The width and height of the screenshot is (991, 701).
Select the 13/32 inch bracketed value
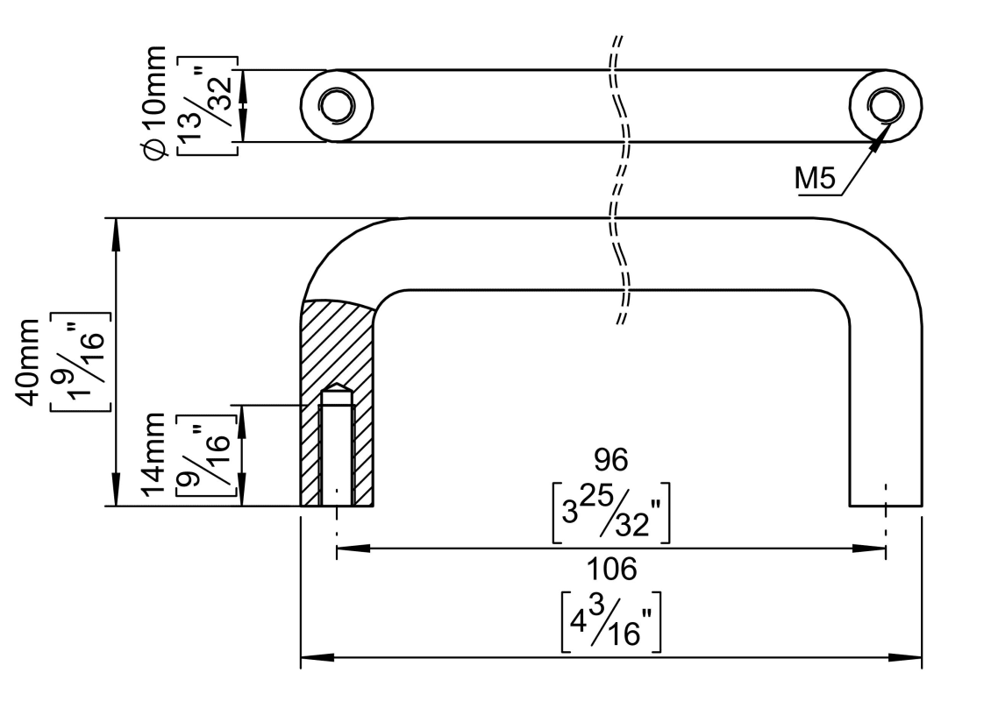click(x=207, y=105)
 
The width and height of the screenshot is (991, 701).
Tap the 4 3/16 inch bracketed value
click(x=611, y=621)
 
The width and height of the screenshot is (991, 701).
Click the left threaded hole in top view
click(x=334, y=105)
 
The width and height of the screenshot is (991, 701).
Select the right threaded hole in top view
click(x=884, y=105)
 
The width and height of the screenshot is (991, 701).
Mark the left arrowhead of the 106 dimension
click(x=312, y=657)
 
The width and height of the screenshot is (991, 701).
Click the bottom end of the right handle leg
click(x=885, y=504)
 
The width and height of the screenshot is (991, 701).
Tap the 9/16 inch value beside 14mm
click(x=209, y=456)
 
